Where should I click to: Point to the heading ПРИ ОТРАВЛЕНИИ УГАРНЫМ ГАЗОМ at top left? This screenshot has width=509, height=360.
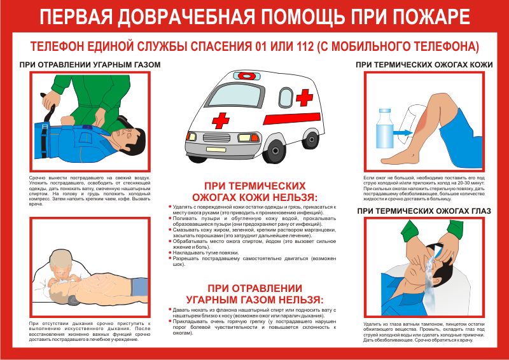pos(90,65)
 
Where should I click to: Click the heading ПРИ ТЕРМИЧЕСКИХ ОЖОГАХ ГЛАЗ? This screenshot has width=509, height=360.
pos(424,211)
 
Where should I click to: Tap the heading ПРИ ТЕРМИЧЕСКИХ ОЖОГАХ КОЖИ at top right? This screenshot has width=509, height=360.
pos(424,65)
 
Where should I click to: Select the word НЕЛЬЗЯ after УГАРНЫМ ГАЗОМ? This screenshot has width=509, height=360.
pos(299,299)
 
